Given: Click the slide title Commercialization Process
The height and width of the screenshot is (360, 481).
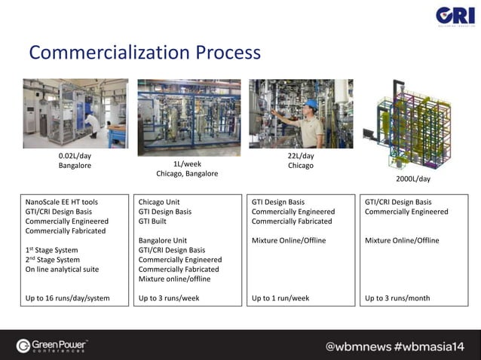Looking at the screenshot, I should point(145,53).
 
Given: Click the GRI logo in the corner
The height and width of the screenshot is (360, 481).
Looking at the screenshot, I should point(455,17).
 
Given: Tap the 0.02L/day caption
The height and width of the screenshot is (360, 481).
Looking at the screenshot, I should point(75,156).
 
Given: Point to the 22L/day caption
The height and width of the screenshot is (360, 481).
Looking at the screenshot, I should point(300,156).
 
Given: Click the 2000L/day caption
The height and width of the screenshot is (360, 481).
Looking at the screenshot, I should point(413,179).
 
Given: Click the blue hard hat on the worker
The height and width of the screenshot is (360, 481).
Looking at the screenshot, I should point(311,104).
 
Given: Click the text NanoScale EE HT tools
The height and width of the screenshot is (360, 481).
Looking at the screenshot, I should point(62,202).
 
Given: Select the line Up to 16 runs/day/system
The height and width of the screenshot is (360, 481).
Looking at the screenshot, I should point(67,298).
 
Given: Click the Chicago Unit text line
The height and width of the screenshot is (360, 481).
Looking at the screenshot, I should point(159,202).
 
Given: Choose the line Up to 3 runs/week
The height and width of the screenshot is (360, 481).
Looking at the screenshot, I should point(170,298).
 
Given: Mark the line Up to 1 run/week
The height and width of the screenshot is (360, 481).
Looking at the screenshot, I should point(280,298).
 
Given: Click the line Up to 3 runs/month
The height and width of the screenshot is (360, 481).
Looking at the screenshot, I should point(397,298).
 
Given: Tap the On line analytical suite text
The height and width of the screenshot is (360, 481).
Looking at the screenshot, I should point(62,269).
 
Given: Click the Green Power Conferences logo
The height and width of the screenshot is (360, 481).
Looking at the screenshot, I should point(53,346).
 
